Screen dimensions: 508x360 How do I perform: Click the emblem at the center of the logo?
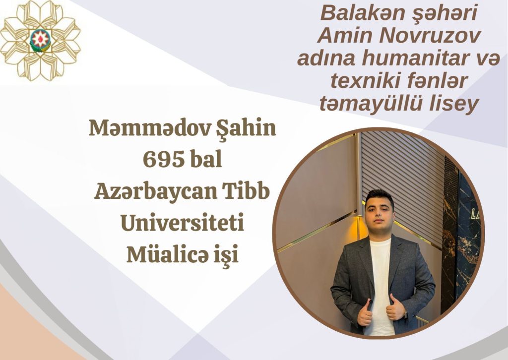click(x=40, y=40)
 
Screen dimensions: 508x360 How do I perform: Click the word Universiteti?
click(x=182, y=223)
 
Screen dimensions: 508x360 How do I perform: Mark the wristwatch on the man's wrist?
click(x=405, y=314)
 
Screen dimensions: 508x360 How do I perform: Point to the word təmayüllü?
click(x=369, y=104)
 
